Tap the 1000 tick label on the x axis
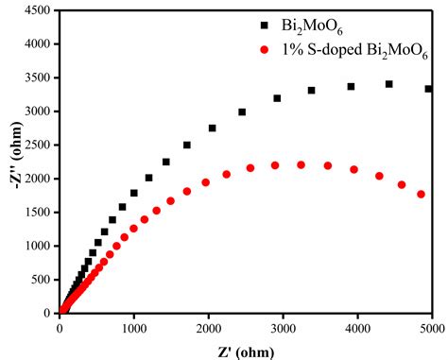click(x=134, y=328)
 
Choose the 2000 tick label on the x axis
click(x=208, y=328)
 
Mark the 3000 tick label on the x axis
click(x=283, y=328)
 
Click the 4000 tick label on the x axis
click(x=356, y=328)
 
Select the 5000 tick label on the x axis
click(x=430, y=328)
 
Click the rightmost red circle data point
click(x=421, y=195)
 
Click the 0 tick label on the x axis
click(x=60, y=328)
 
